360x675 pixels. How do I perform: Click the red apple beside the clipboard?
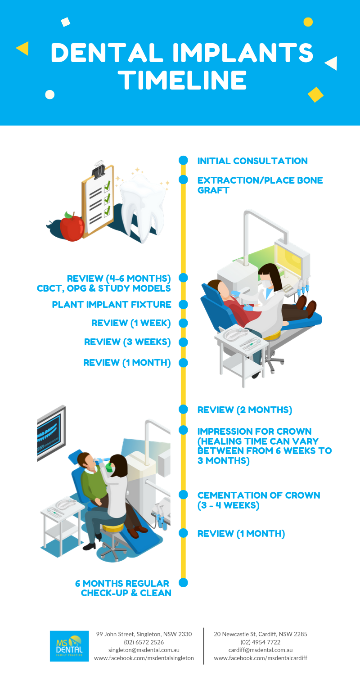[x=72, y=227]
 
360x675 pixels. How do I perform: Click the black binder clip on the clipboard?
[x=99, y=170]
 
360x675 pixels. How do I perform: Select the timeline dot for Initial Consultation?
[x=183, y=160]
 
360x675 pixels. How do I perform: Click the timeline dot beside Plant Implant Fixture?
[x=183, y=304]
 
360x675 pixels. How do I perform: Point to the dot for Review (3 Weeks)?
[x=183, y=342]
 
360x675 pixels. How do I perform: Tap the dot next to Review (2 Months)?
[x=183, y=409]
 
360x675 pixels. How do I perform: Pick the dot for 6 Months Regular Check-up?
[x=183, y=582]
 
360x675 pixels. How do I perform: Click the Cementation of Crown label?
[x=259, y=500]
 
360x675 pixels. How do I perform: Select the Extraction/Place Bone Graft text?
[x=260, y=185]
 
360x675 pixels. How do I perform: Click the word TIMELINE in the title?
[x=183, y=80]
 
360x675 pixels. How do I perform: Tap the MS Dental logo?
[x=69, y=646]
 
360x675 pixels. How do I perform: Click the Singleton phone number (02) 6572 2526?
[x=144, y=642]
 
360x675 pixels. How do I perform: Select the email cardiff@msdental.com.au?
[x=261, y=650]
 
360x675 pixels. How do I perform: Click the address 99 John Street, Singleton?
[x=144, y=634]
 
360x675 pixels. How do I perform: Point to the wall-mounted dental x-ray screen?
[x=51, y=433]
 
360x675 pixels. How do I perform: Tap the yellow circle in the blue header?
[x=308, y=22]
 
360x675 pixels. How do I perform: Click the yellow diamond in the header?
[x=315, y=94]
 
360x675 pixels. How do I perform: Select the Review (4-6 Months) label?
[x=119, y=278]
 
